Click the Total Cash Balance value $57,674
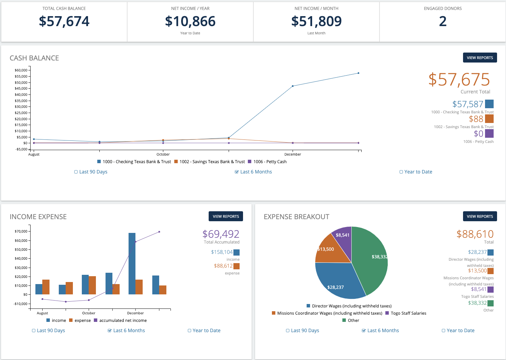[64, 21]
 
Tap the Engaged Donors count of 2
[443, 21]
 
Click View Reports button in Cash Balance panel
[480, 58]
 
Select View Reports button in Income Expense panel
[225, 216]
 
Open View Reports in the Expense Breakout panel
[480, 216]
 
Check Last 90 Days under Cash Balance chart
[91, 172]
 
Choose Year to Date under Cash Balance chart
[416, 172]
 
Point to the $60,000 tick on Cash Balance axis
[21, 70]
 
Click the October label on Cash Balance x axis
[163, 155]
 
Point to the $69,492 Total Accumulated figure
[221, 234]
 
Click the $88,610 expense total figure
[475, 234]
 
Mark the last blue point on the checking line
[359, 73]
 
